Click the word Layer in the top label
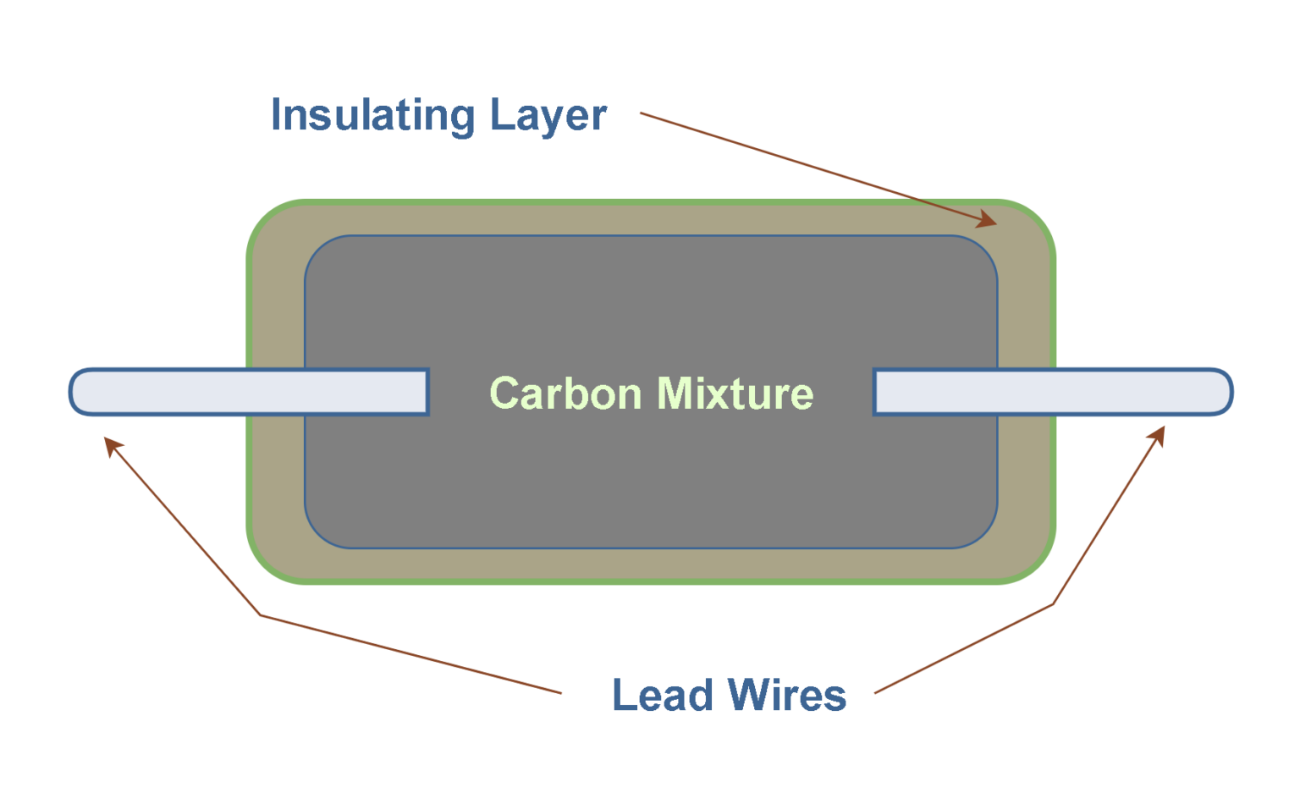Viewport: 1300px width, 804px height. (x=548, y=115)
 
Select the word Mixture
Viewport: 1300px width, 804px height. (x=735, y=394)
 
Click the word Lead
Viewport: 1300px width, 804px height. (x=663, y=696)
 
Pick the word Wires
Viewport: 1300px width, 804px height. (x=787, y=696)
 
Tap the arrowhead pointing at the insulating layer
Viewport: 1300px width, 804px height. (x=988, y=220)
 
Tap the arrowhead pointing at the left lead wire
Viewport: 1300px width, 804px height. (x=112, y=444)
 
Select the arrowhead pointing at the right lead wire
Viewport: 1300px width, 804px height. (x=1158, y=434)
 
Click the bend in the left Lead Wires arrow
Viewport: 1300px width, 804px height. (x=260, y=614)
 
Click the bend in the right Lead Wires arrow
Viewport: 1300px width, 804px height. (x=1053, y=603)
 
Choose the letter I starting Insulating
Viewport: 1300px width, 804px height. (x=276, y=115)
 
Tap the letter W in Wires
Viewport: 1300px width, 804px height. (x=748, y=696)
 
